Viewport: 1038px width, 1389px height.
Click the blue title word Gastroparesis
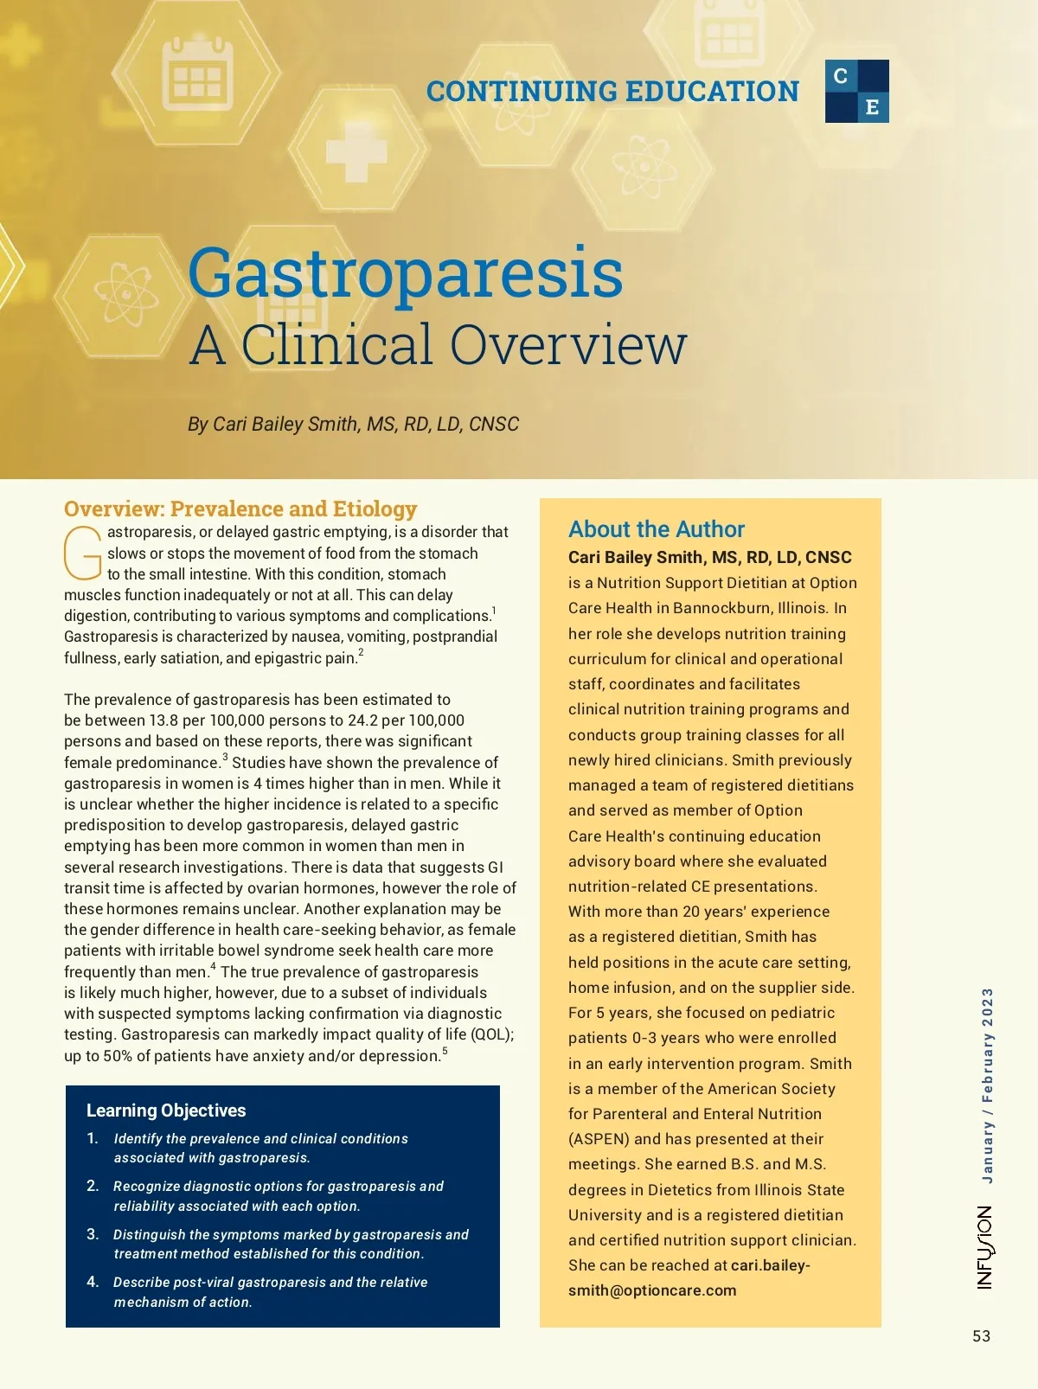tap(405, 272)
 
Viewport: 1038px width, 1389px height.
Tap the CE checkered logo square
tap(856, 91)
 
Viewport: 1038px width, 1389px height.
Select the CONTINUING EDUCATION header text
tap(612, 91)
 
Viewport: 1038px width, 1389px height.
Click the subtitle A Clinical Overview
tap(438, 344)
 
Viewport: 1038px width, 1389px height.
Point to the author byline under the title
tap(353, 424)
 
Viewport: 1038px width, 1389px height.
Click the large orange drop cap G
tap(83, 554)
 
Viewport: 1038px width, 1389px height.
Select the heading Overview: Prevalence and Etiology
tap(240, 509)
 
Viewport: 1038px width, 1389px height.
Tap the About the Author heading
tap(656, 529)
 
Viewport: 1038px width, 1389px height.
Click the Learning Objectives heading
tap(166, 1111)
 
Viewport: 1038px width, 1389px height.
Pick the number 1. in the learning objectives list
tap(93, 1138)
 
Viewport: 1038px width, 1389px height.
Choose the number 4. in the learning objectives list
tap(93, 1282)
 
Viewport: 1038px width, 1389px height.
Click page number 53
tap(981, 1336)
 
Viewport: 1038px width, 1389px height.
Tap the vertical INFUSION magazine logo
tap(985, 1247)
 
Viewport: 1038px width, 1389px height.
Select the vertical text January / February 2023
tap(987, 1085)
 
